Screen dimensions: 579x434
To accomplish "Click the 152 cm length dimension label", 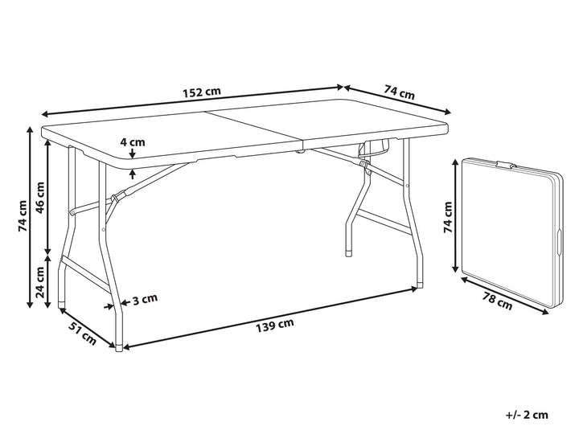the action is click(202, 92).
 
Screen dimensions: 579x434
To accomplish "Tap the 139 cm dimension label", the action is click(275, 325).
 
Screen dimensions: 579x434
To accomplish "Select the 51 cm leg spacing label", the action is click(82, 333).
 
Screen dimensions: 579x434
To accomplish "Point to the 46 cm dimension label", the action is click(40, 197).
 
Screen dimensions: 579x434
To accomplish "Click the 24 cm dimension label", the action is click(40, 282).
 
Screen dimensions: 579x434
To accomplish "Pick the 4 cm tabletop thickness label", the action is click(133, 141).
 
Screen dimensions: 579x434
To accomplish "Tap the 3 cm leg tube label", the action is click(145, 299).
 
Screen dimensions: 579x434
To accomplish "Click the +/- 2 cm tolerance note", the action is click(527, 415).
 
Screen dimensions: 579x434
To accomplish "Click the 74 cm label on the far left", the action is click(23, 216).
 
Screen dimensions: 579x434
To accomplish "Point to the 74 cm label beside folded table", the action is click(448, 217).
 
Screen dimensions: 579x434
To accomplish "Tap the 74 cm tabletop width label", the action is click(400, 92).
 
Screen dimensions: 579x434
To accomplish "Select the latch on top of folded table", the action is click(506, 165).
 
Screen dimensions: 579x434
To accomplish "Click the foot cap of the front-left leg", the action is click(118, 348).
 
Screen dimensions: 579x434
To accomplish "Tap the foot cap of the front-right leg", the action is click(421, 285).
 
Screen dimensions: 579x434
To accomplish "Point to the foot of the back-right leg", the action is click(348, 253).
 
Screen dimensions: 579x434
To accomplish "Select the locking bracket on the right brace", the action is click(365, 166).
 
